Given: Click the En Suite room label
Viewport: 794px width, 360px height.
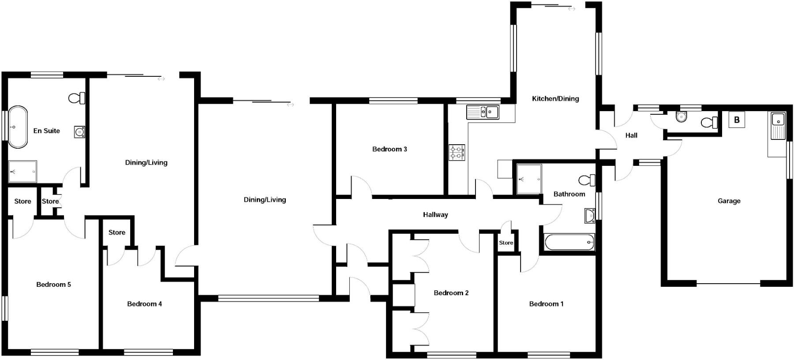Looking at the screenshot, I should click(46, 131).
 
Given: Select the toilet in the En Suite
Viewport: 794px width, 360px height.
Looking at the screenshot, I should click(77, 98).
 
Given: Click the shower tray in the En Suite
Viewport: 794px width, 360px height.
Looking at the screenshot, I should click(22, 171).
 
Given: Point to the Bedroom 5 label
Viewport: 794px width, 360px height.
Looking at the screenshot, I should click(53, 285).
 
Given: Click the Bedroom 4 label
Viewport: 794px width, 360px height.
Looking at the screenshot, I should click(144, 304).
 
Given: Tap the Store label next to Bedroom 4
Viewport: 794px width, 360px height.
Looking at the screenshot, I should click(117, 232).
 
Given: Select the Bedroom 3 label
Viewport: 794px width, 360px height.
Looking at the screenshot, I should click(390, 149).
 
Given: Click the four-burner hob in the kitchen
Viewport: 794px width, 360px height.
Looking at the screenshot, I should click(457, 153).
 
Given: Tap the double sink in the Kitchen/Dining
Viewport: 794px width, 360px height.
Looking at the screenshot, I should click(483, 112).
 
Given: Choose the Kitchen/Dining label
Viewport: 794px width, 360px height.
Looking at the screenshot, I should click(555, 99).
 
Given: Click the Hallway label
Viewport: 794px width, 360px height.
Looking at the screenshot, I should click(435, 215).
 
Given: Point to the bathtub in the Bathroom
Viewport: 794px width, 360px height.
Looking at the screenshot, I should click(569, 242).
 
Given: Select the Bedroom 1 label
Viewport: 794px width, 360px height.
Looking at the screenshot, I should click(546, 304).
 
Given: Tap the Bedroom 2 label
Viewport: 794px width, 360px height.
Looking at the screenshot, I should click(451, 293).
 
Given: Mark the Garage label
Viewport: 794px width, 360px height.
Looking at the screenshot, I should click(729, 201).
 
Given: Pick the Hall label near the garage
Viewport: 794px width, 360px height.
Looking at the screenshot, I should click(631, 135).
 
